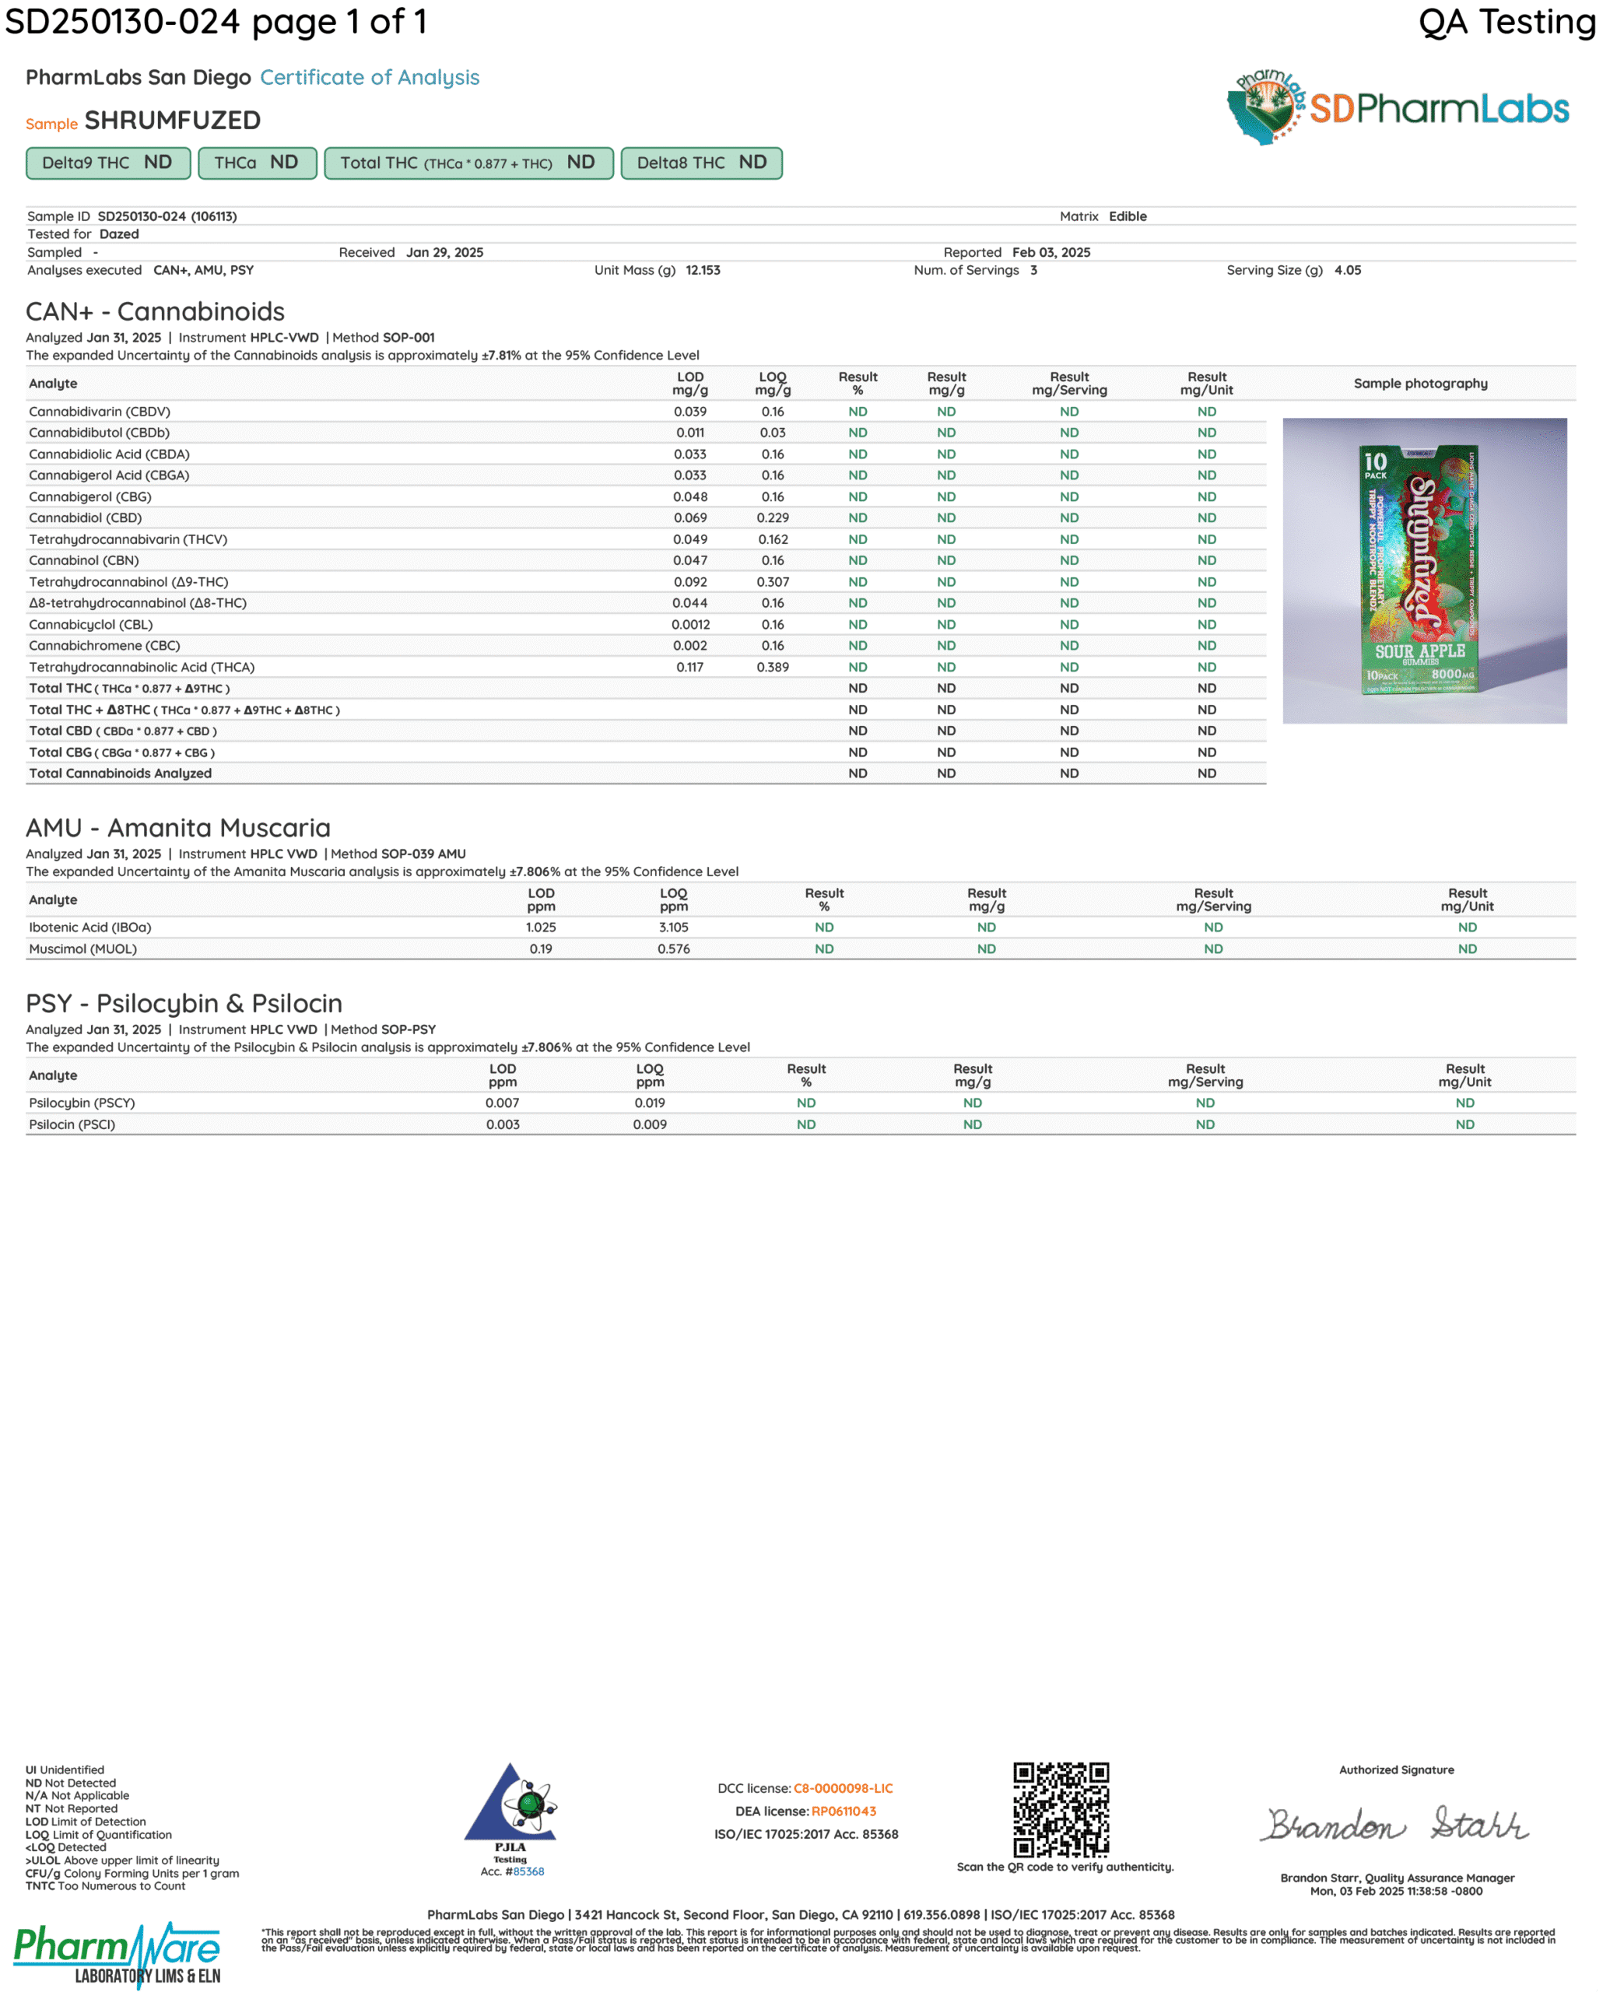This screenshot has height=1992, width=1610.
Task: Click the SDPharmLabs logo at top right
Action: point(1398,107)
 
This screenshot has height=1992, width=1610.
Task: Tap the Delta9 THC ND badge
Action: point(107,163)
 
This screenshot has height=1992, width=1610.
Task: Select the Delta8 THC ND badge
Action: point(701,163)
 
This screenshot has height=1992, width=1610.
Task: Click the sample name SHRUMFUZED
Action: point(173,121)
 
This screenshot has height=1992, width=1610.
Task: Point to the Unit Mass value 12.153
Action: point(703,271)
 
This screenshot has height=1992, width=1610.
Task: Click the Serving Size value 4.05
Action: point(1348,271)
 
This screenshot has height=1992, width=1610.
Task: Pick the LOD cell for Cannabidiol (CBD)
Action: point(690,518)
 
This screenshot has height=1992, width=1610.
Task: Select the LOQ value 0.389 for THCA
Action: point(773,668)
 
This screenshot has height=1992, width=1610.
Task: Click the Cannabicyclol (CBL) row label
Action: point(91,625)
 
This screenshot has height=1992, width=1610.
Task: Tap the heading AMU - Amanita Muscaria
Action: point(178,827)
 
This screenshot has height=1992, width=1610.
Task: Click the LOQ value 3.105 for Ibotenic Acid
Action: point(673,928)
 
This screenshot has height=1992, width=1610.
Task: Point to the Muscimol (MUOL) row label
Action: point(82,949)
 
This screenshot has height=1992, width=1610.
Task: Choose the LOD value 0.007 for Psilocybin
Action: point(503,1103)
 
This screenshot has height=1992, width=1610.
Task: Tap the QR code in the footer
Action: point(1061,1809)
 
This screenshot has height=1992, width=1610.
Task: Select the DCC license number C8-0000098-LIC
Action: point(843,1789)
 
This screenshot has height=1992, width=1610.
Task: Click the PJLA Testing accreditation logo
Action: point(510,1813)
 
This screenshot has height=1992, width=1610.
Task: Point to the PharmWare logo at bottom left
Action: point(118,1954)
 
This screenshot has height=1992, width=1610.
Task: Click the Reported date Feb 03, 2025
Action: point(1051,253)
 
